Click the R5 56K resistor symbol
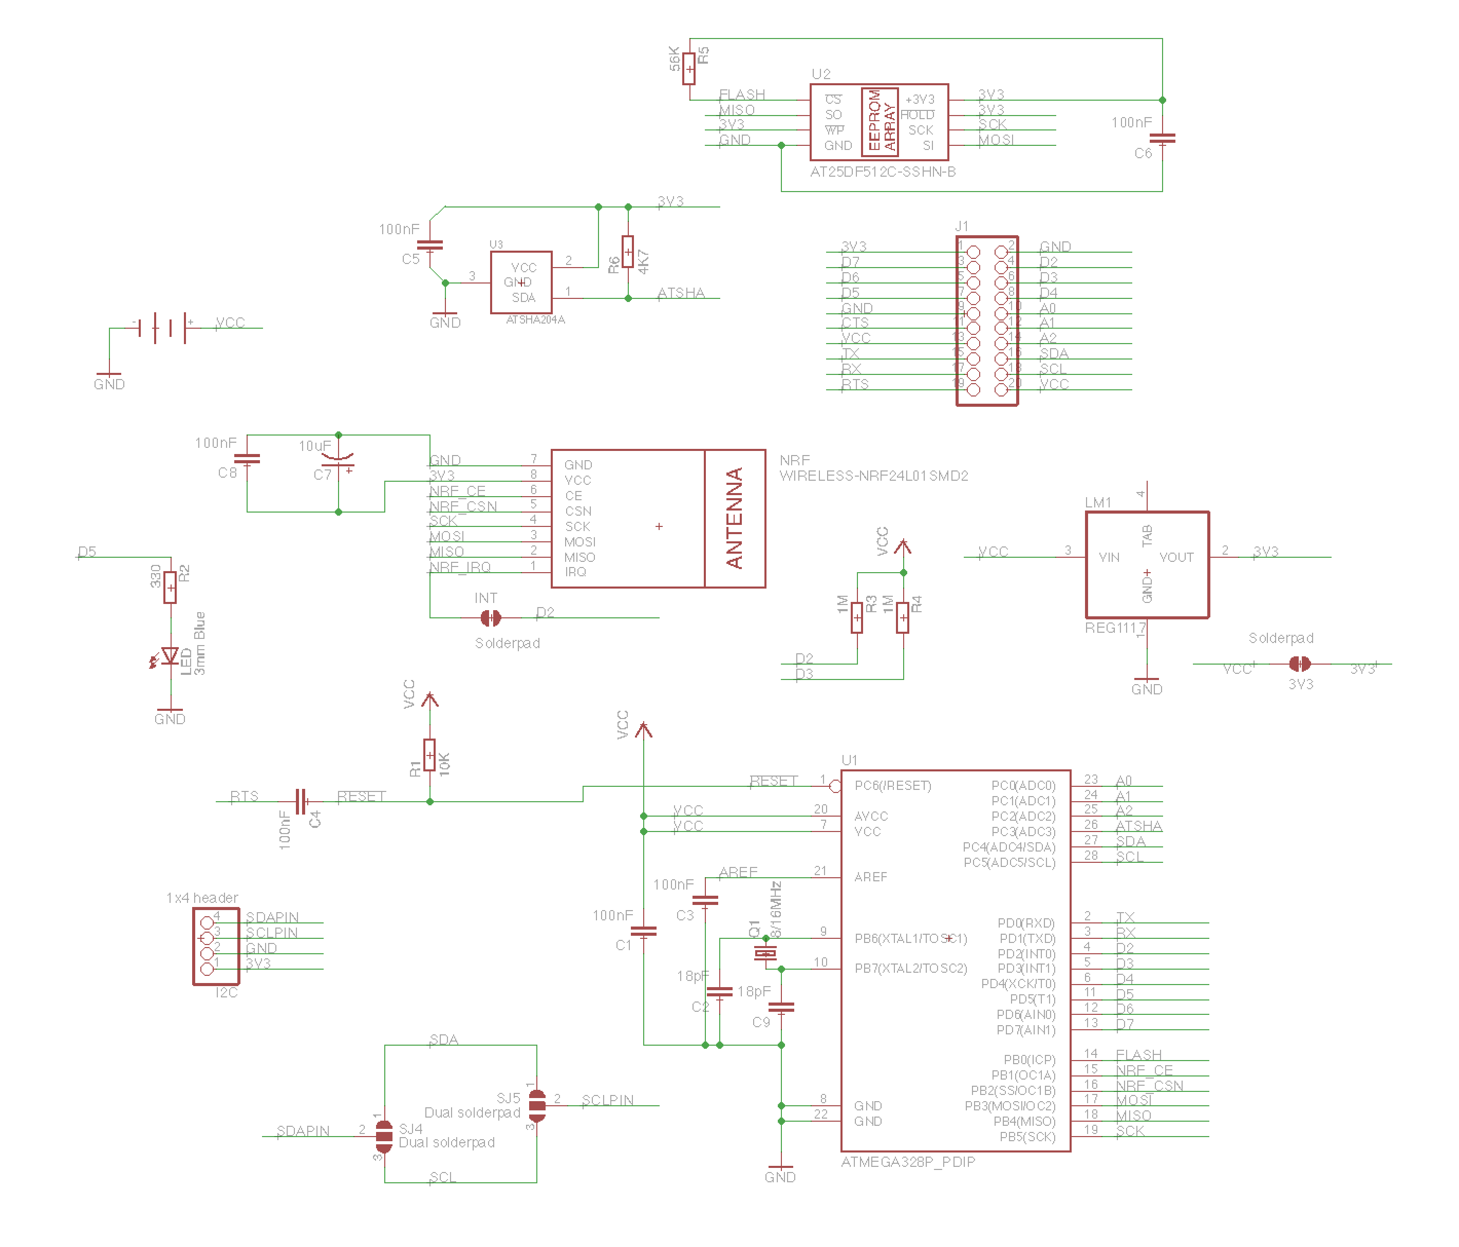point(689,68)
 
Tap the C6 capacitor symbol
point(1162,139)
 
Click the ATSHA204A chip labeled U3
point(521,282)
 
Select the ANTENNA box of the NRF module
point(735,518)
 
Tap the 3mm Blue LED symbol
point(169,656)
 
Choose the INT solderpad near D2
point(490,617)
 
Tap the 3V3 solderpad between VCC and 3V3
point(1299,663)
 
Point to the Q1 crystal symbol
point(765,953)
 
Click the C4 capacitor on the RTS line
point(301,801)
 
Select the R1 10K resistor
point(429,755)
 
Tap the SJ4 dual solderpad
point(384,1136)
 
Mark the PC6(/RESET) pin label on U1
point(892,785)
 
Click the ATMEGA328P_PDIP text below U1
point(908,1162)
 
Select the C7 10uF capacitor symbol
point(338,461)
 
